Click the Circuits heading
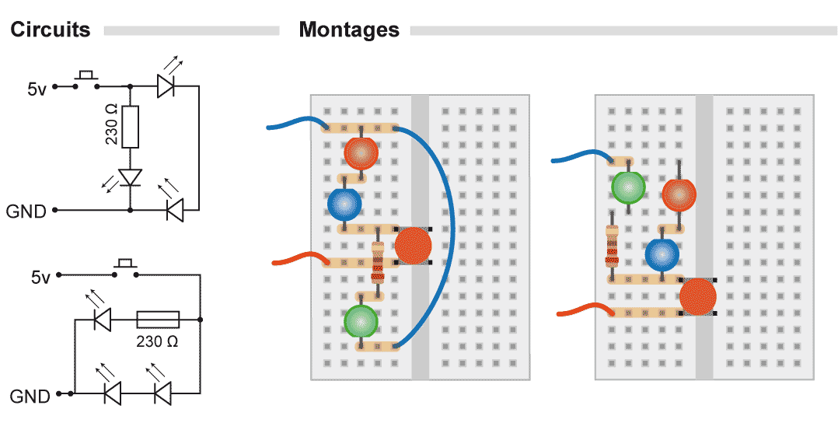[x=51, y=30]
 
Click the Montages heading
[x=349, y=30]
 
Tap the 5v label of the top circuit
[x=37, y=89]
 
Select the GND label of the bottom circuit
[x=29, y=397]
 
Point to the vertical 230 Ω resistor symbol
[x=131, y=127]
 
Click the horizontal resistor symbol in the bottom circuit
[x=158, y=319]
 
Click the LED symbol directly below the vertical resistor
[x=131, y=178]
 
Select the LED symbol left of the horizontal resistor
[x=102, y=319]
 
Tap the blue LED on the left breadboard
[x=344, y=204]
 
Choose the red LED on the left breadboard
[x=361, y=153]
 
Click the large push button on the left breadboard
[x=412, y=246]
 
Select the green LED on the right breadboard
[x=628, y=187]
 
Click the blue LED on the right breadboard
[x=662, y=254]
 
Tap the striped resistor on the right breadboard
[x=612, y=249]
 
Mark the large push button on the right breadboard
[x=697, y=296]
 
